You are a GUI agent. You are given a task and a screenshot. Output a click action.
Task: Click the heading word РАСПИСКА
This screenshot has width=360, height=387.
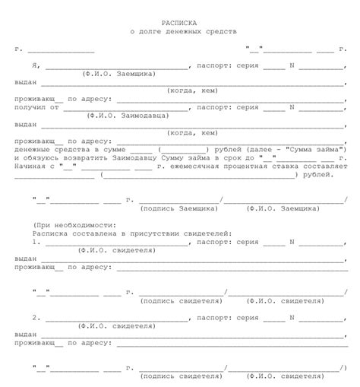[179, 24]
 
